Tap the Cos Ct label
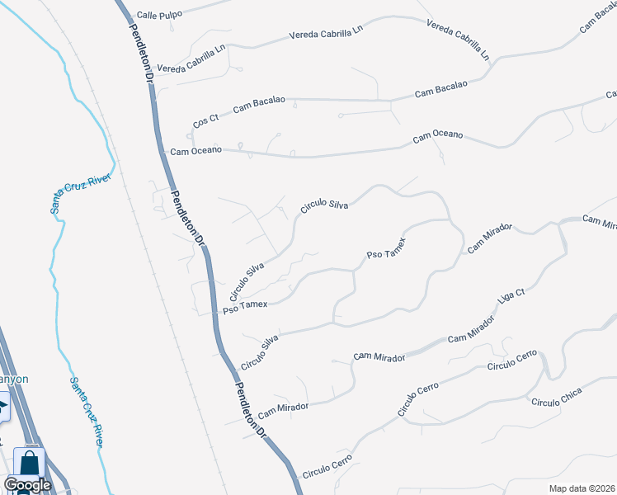(205, 120)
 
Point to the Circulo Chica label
(556, 397)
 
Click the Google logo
(27, 485)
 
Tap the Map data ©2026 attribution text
(582, 488)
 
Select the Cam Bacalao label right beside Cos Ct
(259, 104)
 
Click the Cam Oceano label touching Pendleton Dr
(195, 151)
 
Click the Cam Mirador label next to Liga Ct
(469, 332)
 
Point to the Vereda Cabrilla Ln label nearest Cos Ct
(191, 60)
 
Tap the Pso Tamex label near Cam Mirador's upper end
(386, 253)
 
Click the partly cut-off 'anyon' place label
(14, 379)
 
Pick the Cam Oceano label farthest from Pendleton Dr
(438, 136)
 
